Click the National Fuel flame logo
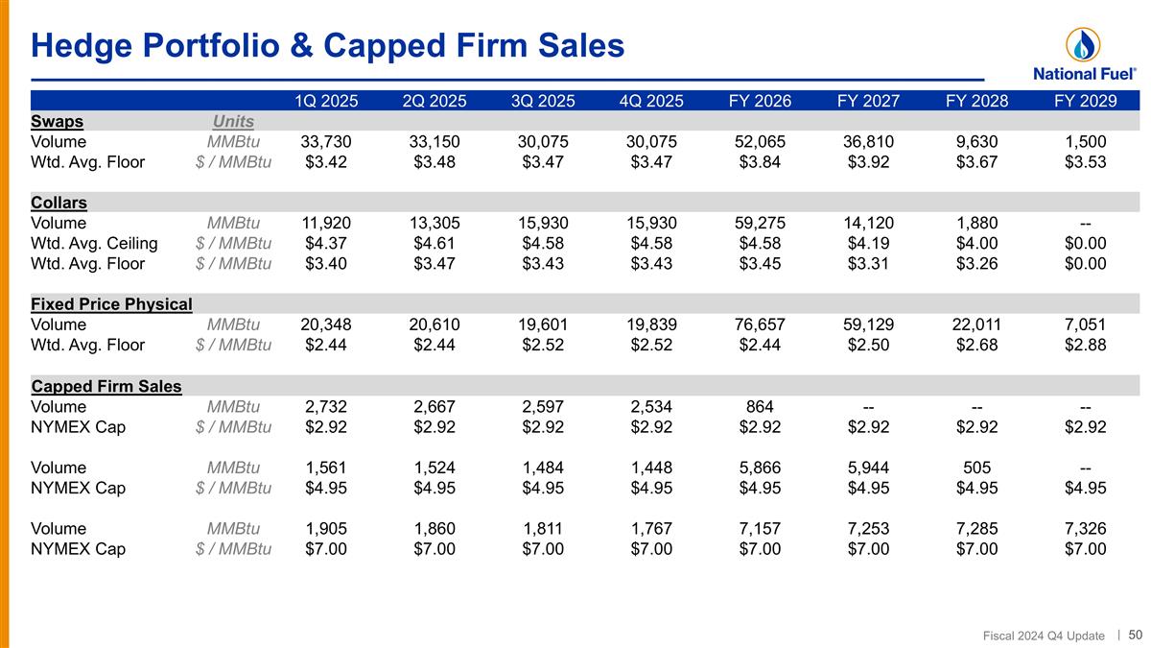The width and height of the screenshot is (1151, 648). (1083, 45)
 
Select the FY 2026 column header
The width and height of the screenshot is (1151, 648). (760, 101)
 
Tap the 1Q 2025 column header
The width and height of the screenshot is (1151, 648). (326, 101)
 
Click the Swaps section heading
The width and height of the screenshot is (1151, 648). (57, 121)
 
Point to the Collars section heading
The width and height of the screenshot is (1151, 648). (59, 203)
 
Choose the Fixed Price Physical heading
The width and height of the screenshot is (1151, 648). (111, 304)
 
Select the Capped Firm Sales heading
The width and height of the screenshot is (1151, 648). (106, 386)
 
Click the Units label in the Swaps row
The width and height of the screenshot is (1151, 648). (233, 121)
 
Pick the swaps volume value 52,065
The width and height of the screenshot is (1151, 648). (760, 141)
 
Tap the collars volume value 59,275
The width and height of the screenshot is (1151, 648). (760, 223)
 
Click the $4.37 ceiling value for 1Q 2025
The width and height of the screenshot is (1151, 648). (326, 243)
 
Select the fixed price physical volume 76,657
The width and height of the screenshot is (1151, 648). (760, 324)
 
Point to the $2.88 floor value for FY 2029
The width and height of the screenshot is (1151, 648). (1085, 345)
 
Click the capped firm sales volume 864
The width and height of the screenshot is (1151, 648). (760, 406)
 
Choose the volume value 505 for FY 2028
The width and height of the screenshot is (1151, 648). (976, 468)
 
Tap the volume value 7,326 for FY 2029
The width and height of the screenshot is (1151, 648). (1085, 528)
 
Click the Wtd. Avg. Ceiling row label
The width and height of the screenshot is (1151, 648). (94, 243)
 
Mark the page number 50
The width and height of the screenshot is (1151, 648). (1135, 635)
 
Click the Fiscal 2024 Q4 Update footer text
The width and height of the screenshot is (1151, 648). (1044, 636)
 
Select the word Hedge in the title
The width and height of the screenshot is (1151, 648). (82, 46)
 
